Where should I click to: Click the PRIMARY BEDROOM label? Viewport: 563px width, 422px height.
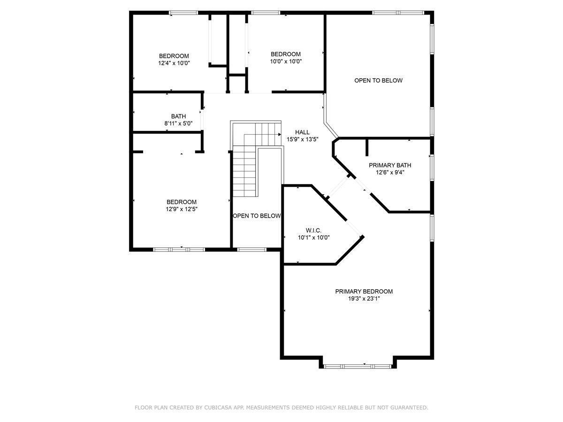(364, 291)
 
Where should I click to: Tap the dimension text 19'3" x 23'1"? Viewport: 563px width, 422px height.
(364, 299)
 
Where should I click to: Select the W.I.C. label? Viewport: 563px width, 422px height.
(313, 230)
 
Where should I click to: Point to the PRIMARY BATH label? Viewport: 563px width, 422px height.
(390, 165)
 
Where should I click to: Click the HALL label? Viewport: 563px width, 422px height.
(302, 132)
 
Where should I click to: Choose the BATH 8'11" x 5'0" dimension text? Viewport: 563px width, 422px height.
(178, 123)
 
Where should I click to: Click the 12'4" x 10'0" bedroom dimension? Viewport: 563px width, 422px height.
(174, 63)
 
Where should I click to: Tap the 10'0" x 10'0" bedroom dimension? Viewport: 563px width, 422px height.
(286, 61)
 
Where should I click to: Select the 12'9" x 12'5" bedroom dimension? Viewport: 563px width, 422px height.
(182, 209)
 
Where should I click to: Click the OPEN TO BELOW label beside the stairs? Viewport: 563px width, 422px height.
(257, 216)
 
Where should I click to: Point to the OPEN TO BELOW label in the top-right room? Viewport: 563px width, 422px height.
(378, 81)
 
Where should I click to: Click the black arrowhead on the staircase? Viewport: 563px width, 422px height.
(280, 135)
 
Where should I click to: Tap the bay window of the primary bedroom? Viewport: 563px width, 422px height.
(358, 366)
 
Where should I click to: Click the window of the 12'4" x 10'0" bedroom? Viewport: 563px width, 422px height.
(183, 13)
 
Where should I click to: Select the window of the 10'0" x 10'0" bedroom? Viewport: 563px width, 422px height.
(266, 13)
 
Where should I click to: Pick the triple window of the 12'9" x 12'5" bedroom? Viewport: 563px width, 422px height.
(179, 249)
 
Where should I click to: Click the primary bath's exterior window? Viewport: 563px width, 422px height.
(432, 167)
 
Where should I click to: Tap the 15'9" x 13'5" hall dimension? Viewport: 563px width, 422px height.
(303, 139)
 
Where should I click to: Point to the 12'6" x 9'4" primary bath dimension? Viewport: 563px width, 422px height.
(390, 173)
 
